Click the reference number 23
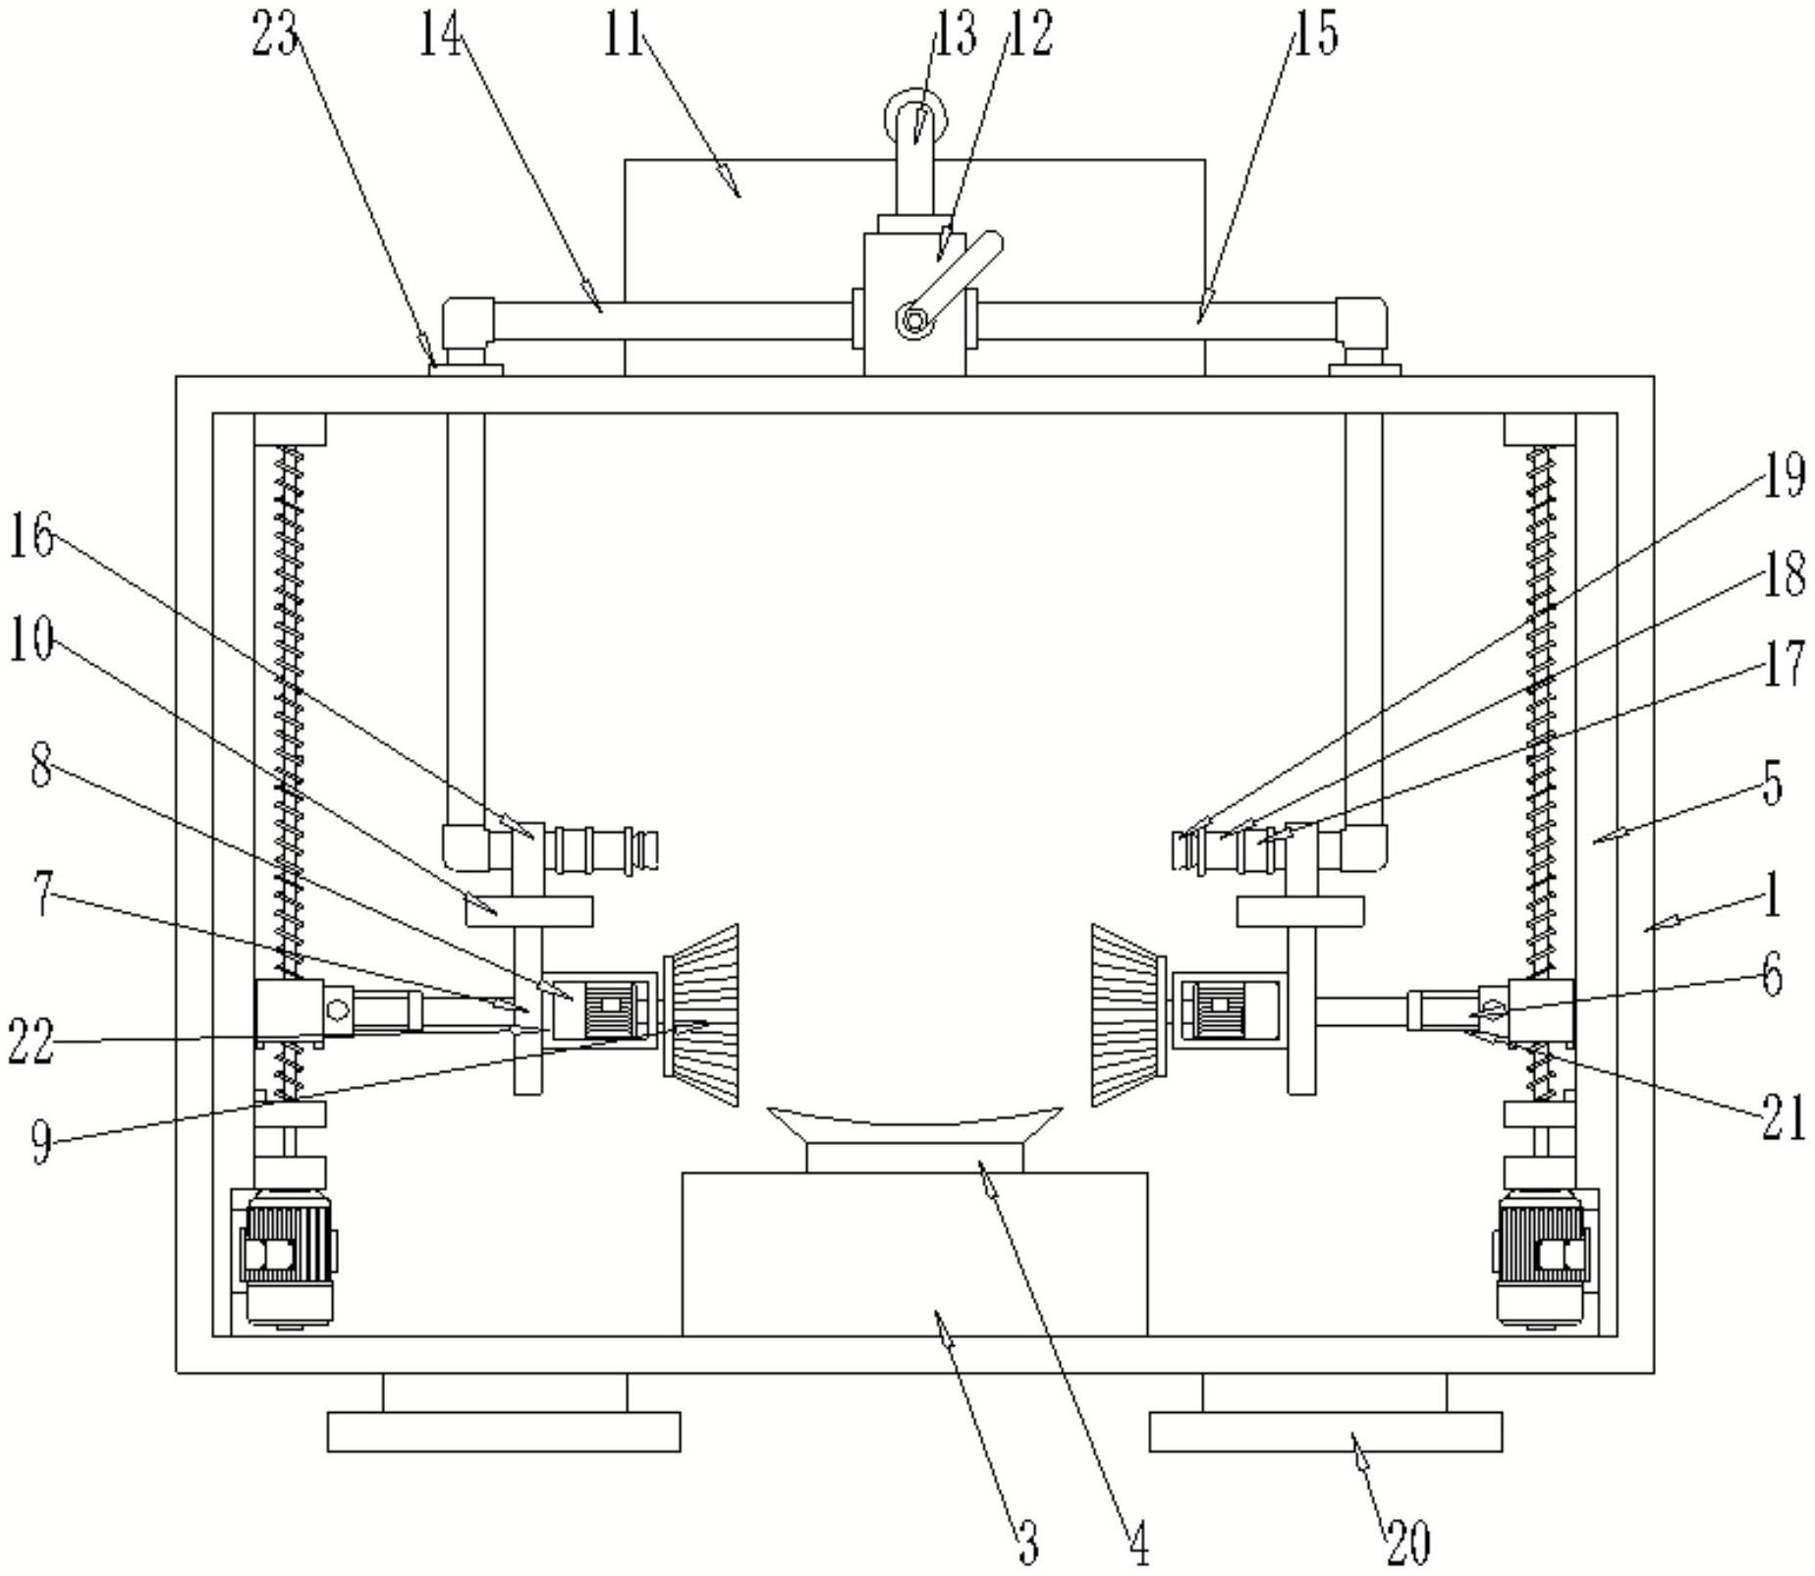pyautogui.click(x=274, y=34)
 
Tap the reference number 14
pyautogui.click(x=441, y=36)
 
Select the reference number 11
pyautogui.click(x=623, y=36)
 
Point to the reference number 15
pyautogui.click(x=1315, y=34)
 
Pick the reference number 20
pyautogui.click(x=1408, y=1543)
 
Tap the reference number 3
pyautogui.click(x=1027, y=1543)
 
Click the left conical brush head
pyautogui.click(x=701, y=1014)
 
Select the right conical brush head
pyautogui.click(x=1127, y=1014)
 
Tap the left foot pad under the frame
pyautogui.click(x=504, y=1432)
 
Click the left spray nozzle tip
pyautogui.click(x=647, y=849)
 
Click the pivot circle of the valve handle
pyautogui.click(x=913, y=321)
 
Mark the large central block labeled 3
pyautogui.click(x=914, y=1254)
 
